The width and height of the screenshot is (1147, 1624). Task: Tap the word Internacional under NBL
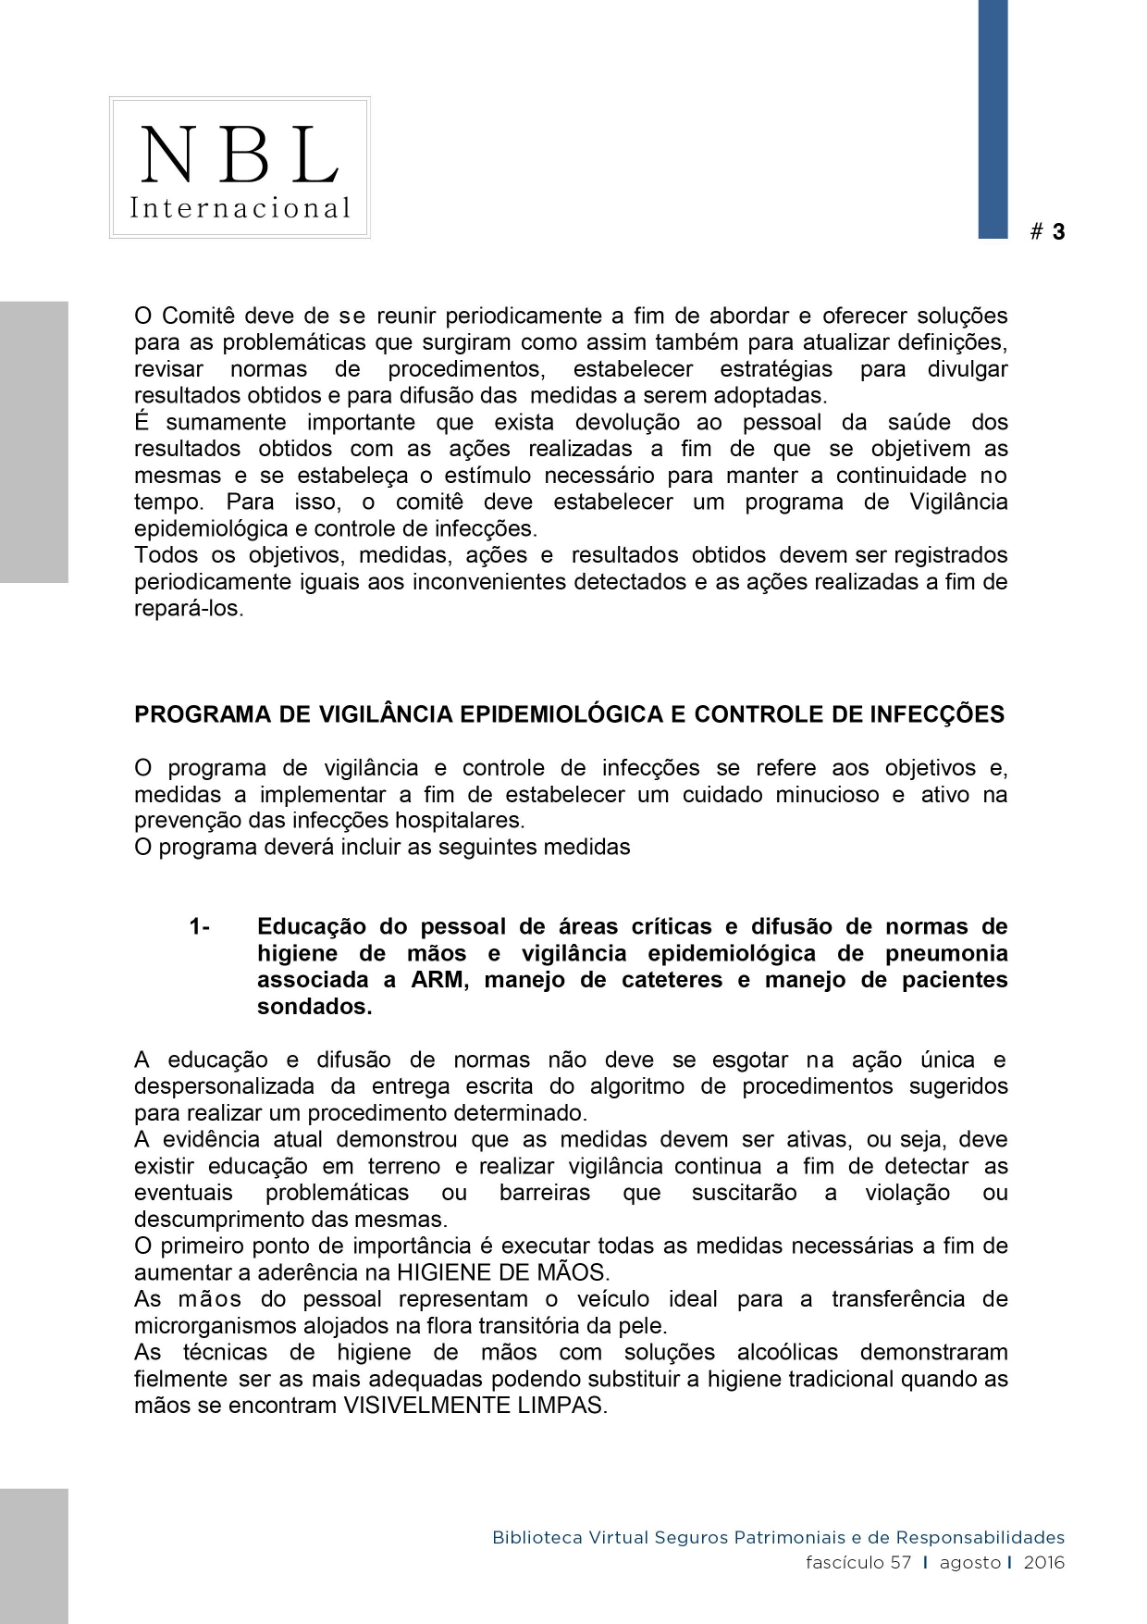tap(240, 207)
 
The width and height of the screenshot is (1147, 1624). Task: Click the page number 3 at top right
tap(1058, 232)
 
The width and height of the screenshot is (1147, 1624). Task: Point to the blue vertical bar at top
tap(993, 118)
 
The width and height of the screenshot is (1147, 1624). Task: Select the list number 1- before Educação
tap(199, 927)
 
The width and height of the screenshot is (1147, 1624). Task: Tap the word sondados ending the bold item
tap(314, 1007)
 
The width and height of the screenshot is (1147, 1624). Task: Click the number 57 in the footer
tap(901, 1563)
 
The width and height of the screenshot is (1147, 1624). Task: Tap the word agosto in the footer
tap(969, 1563)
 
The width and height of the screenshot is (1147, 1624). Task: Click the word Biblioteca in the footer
tap(536, 1538)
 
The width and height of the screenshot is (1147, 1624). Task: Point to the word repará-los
tap(189, 610)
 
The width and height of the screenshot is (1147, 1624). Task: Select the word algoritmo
tap(637, 1086)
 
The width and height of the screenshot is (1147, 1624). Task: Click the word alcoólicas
tap(786, 1353)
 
